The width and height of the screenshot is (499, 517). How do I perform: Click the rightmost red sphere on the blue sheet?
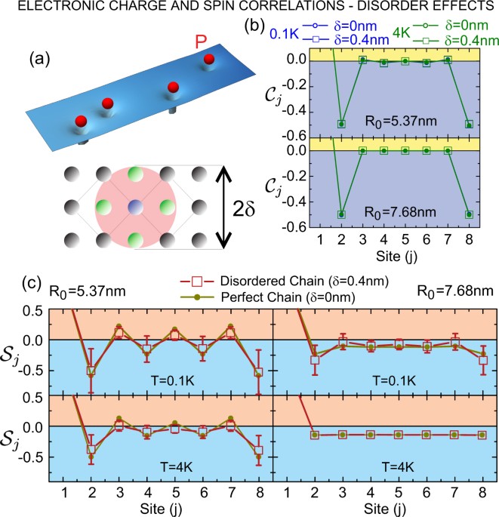[x=209, y=60]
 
